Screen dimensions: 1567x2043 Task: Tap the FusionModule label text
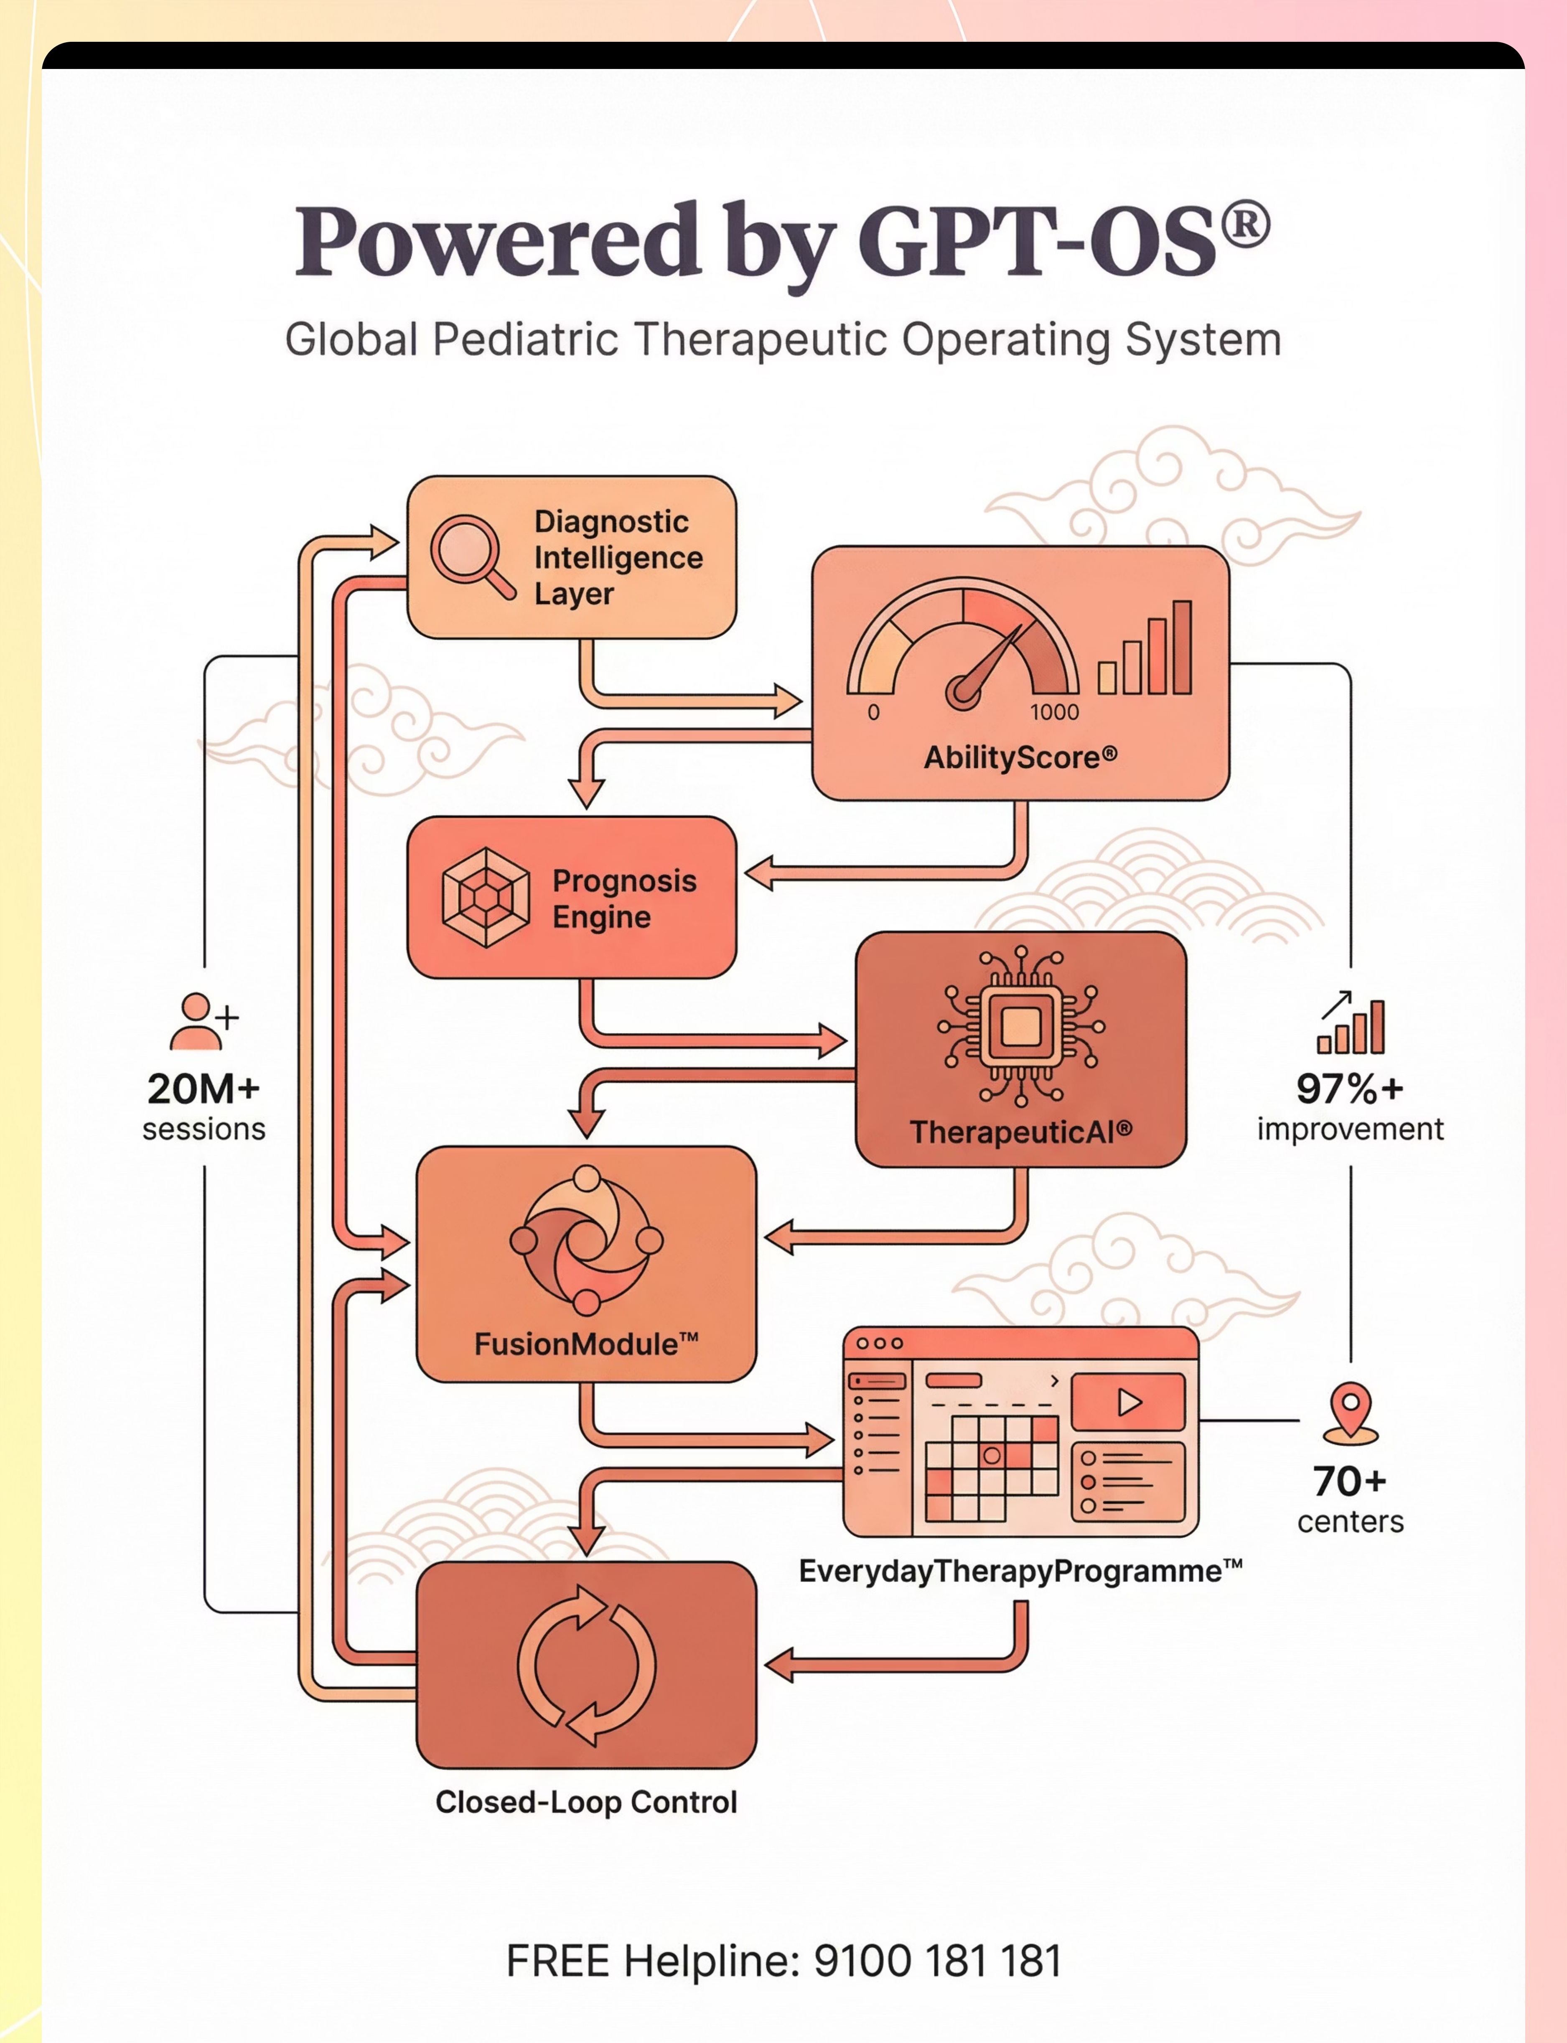point(586,1344)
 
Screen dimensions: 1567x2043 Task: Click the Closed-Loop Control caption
point(586,1802)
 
